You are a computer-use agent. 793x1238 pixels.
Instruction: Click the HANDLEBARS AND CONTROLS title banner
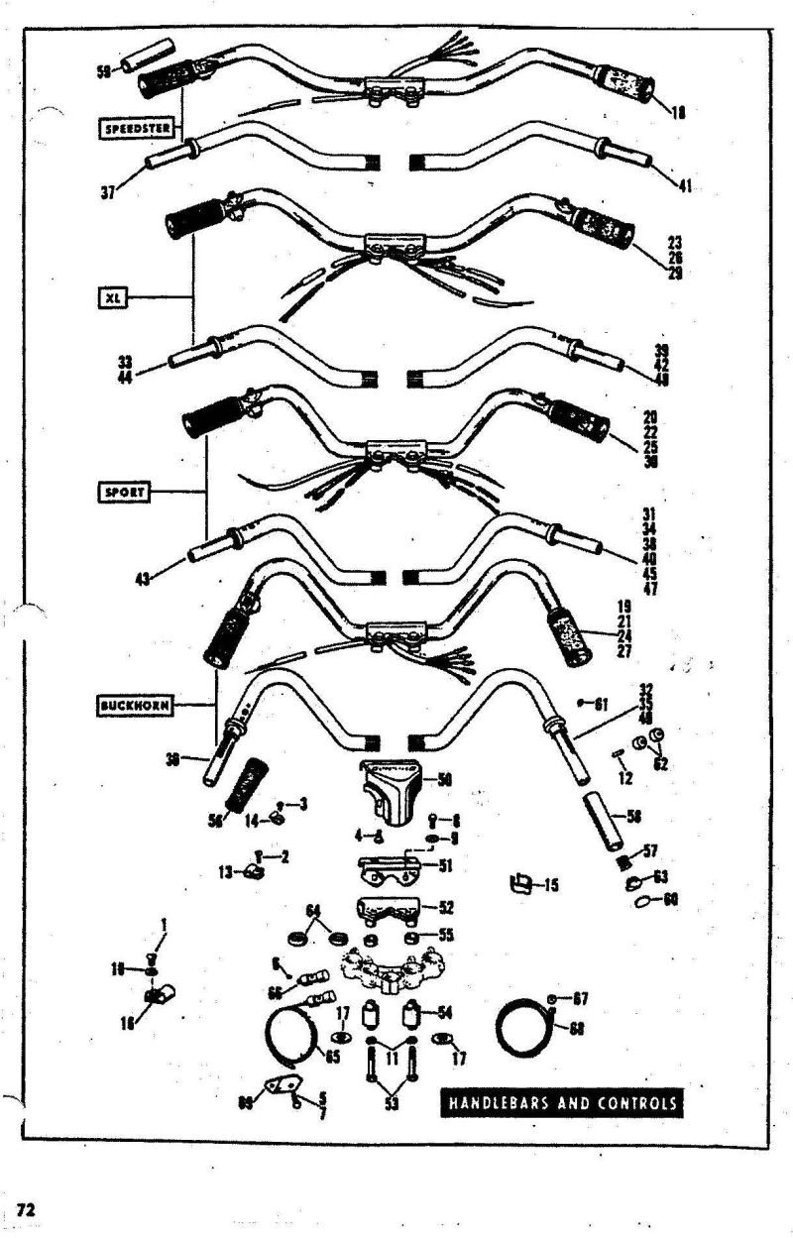click(562, 1103)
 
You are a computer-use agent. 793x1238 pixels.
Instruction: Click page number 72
click(26, 1209)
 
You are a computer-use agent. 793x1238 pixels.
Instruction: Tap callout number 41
click(685, 185)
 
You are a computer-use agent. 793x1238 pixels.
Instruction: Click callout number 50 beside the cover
click(445, 780)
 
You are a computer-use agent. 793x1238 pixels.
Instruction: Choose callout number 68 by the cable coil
click(577, 1027)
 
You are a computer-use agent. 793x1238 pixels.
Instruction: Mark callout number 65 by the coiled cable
click(333, 1057)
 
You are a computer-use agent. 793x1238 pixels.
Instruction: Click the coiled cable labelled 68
click(525, 1026)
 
